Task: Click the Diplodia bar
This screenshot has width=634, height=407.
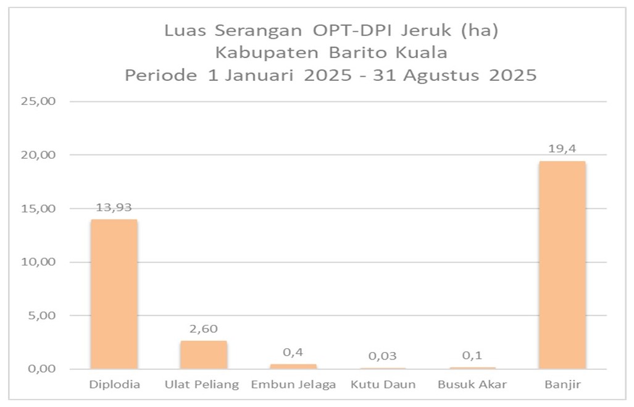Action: tap(114, 294)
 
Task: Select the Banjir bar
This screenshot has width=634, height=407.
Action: tap(562, 265)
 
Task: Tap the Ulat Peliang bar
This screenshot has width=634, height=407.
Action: tap(204, 355)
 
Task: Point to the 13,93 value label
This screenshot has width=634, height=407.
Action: tap(114, 208)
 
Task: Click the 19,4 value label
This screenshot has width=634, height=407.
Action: tap(562, 148)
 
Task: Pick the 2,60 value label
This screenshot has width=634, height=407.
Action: tap(204, 329)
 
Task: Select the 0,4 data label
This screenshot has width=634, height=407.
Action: tap(293, 352)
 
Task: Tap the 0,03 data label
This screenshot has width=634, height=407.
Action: tap(383, 356)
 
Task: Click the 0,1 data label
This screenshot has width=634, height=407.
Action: tap(472, 356)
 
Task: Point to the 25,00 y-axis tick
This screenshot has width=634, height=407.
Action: tap(39, 101)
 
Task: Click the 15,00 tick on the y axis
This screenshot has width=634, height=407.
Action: tap(39, 208)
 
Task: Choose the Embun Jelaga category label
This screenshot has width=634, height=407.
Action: tap(293, 385)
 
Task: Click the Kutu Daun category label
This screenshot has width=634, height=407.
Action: tap(383, 385)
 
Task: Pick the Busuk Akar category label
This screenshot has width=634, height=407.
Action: tap(472, 385)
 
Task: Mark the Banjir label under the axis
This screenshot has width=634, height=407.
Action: tap(562, 385)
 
